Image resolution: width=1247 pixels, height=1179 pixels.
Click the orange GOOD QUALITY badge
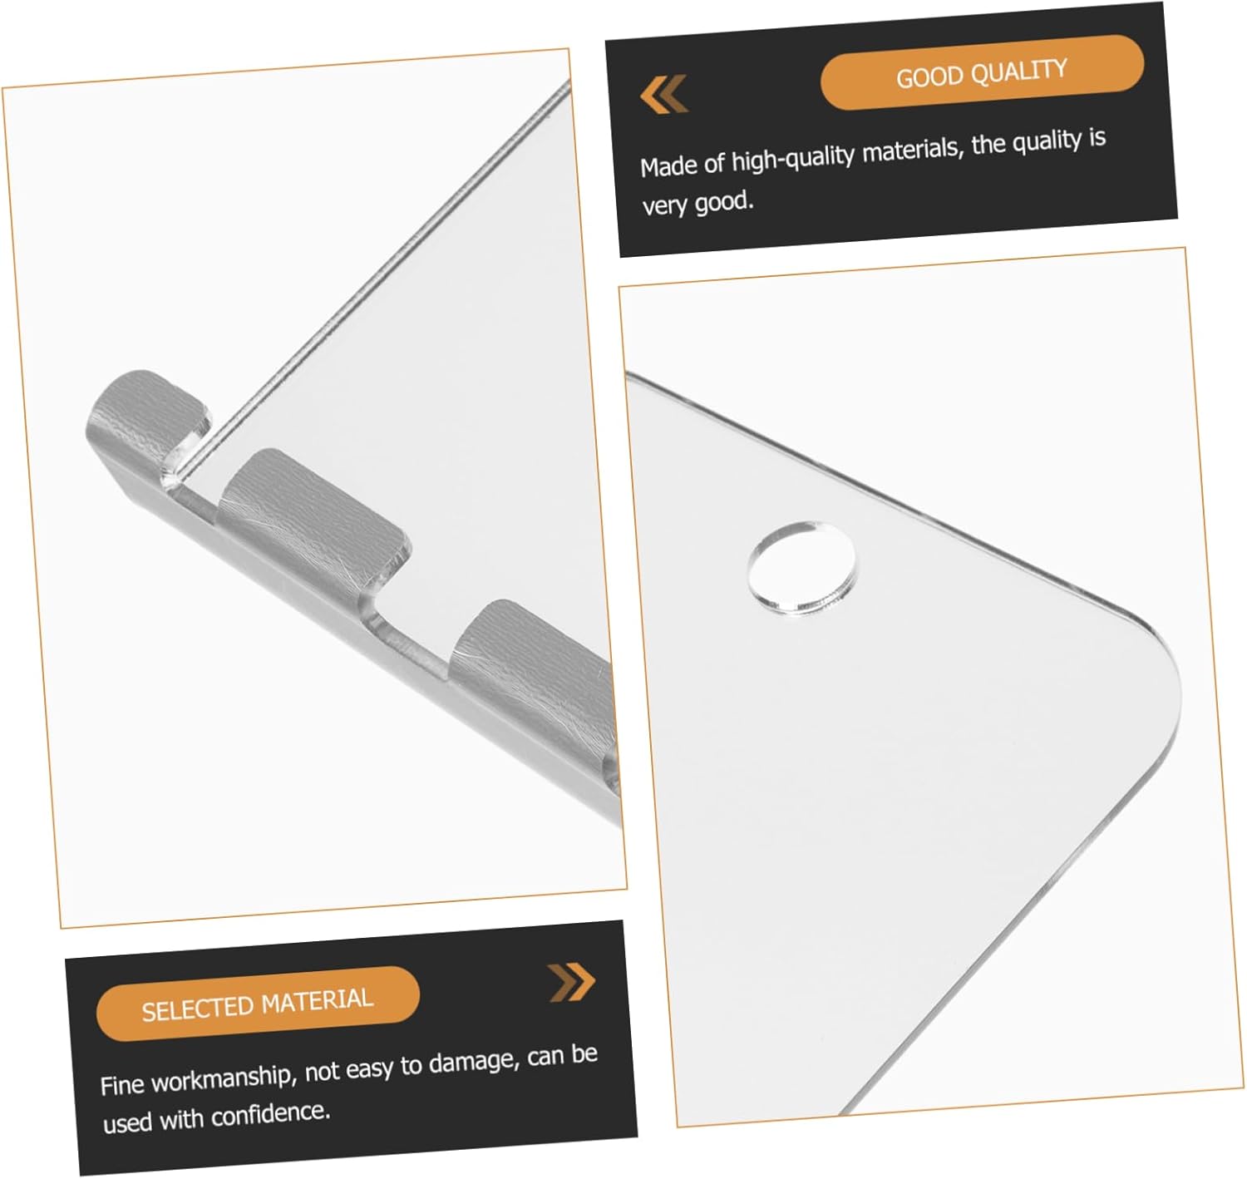click(x=981, y=72)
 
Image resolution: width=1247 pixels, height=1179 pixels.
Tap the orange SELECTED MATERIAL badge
click(x=258, y=1004)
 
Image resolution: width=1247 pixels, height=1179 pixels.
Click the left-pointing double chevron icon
click(x=663, y=94)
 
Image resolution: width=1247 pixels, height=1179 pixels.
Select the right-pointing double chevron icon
click(x=571, y=982)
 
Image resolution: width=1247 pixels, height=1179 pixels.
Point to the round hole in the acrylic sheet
click(x=801, y=569)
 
